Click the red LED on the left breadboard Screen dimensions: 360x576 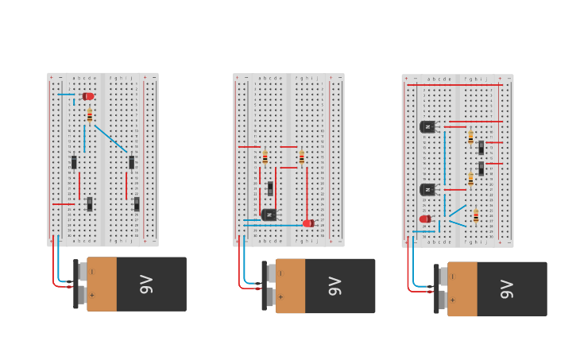click(x=88, y=96)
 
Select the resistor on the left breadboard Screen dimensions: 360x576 click(x=90, y=116)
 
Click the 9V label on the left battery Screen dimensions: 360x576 click(x=146, y=284)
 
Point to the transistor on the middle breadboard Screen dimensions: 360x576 click(x=269, y=215)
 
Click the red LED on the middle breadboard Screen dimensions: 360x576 click(x=308, y=223)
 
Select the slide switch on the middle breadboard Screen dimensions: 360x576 click(x=270, y=188)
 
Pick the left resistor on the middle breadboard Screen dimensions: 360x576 click(x=265, y=157)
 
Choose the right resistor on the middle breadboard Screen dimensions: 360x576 click(x=301, y=157)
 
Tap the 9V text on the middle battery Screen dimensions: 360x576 click(x=334, y=286)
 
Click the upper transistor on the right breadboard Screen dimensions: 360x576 click(x=427, y=126)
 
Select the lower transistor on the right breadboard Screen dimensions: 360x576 click(x=427, y=189)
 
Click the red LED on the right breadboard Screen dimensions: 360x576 click(x=425, y=219)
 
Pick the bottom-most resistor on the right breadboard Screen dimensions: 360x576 click(x=476, y=216)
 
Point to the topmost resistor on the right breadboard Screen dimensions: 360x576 click(x=470, y=137)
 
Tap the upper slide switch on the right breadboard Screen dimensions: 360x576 click(x=481, y=147)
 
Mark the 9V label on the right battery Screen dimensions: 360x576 click(x=507, y=289)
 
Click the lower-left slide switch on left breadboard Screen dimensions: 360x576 click(x=90, y=204)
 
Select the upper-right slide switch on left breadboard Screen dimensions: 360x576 click(x=131, y=162)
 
